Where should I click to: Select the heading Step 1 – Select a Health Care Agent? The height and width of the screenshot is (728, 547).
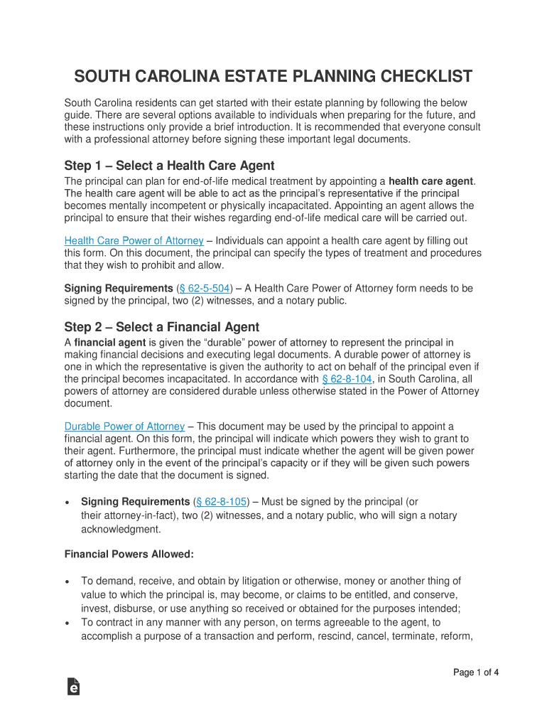coord(169,166)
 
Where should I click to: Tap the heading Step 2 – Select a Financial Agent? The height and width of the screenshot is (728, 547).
coord(162,327)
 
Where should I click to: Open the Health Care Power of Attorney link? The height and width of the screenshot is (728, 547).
coord(134,241)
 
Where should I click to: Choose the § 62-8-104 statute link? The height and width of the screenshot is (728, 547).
coord(347,379)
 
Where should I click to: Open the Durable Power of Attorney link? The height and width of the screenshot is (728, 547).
coord(124,426)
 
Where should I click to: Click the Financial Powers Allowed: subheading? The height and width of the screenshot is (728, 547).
coord(129,554)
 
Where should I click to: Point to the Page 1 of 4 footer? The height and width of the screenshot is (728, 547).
coord(476,673)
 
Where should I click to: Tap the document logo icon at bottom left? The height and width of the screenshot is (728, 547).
coord(72,686)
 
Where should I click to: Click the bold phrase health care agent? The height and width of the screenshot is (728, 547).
coord(430,181)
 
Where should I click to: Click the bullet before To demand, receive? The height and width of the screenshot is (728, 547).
coord(67,582)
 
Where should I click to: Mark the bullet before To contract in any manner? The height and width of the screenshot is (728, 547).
coord(67,623)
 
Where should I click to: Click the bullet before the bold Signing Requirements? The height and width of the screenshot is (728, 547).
coord(67,503)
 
